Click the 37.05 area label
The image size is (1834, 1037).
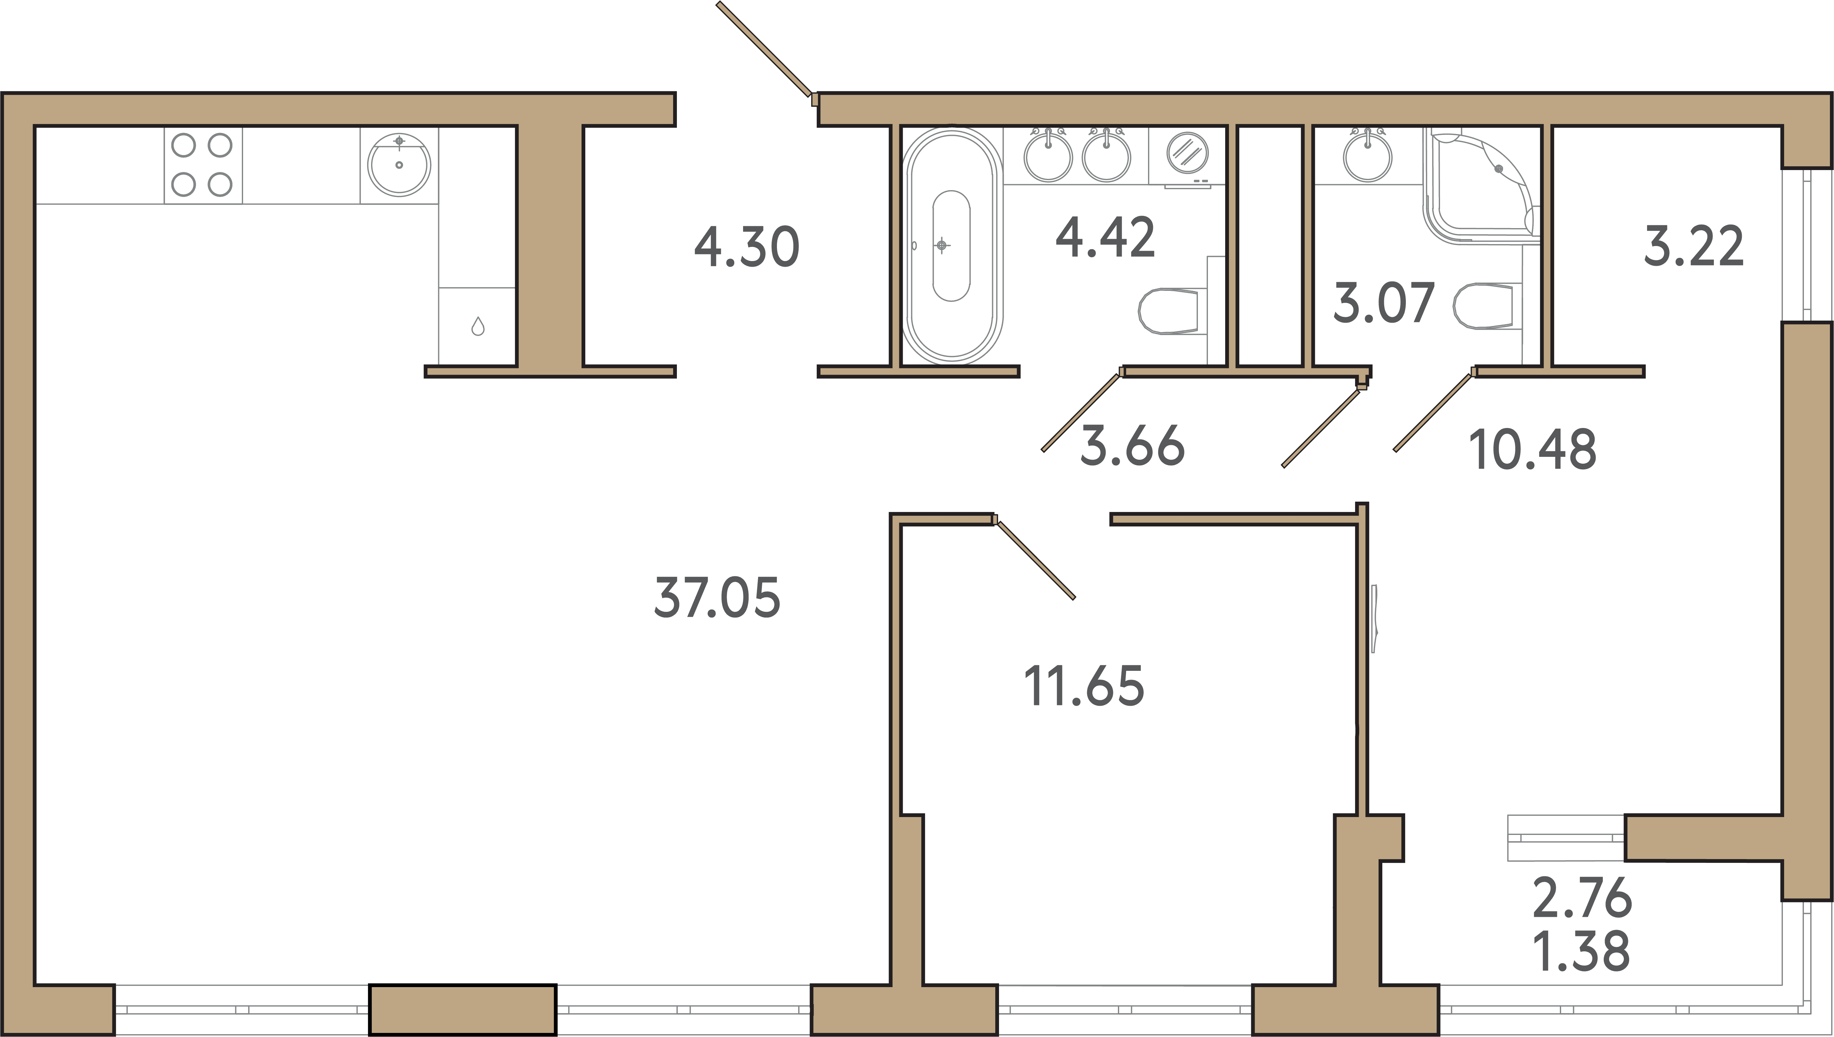click(x=717, y=597)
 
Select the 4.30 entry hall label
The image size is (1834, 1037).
click(x=747, y=246)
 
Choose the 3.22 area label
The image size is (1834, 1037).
click(x=1694, y=246)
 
